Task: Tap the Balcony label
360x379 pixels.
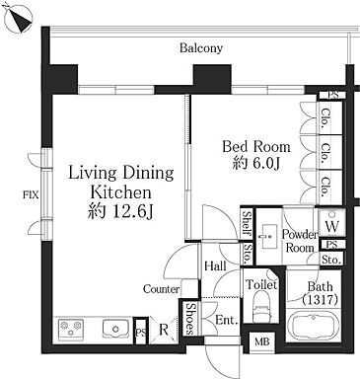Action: (201, 48)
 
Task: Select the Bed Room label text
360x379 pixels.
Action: (256, 147)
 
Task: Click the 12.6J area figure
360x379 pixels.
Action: (132, 212)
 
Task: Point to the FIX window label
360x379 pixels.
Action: (31, 195)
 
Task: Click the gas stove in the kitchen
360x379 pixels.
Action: (71, 329)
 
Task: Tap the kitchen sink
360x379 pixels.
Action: (115, 329)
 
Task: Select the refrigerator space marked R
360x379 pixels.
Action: (164, 330)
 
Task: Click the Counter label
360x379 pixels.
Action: (162, 289)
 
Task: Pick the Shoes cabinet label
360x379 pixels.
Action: (190, 319)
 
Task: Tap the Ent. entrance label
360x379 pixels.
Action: (227, 320)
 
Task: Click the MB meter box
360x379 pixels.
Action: (261, 342)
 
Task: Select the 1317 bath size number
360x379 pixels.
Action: (320, 300)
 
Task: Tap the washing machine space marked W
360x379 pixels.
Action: (331, 226)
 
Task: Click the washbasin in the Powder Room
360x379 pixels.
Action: (269, 236)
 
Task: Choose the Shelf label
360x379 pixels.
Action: (247, 224)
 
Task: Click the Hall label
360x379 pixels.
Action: (215, 266)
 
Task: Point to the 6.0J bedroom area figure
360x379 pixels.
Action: (256, 164)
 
